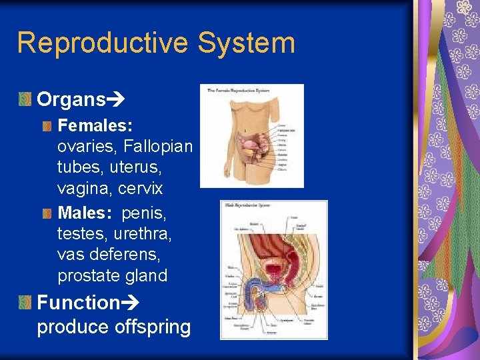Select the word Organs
pyautogui.click(x=71, y=100)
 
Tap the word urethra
pyautogui.click(x=143, y=233)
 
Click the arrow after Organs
pyautogui.click(x=116, y=101)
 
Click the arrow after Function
pyautogui.click(x=129, y=303)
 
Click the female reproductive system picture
pyautogui.click(x=251, y=135)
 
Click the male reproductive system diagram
pyautogui.click(x=273, y=269)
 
